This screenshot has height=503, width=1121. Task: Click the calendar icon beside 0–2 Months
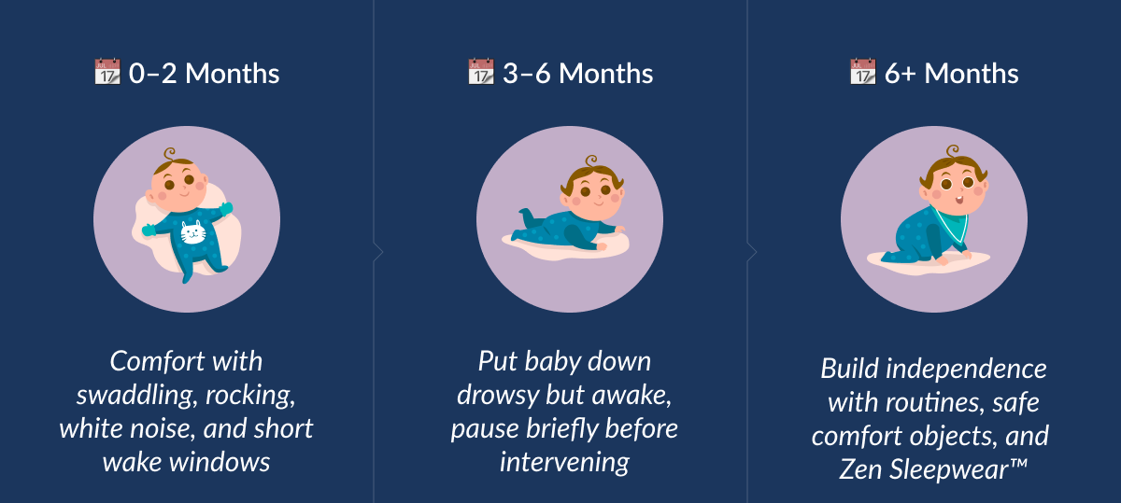tap(107, 72)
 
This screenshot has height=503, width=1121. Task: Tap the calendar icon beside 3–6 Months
tap(480, 72)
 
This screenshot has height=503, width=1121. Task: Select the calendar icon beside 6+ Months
tap(862, 72)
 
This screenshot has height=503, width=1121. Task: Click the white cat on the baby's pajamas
tap(193, 232)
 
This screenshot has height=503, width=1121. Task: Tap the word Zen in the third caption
tap(862, 468)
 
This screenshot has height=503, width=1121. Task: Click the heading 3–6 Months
tap(577, 74)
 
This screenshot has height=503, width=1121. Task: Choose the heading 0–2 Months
tap(204, 74)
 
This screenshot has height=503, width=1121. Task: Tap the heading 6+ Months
tap(951, 74)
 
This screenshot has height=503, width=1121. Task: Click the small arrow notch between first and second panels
tap(378, 252)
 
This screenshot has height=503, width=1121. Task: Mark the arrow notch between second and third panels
tap(752, 252)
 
